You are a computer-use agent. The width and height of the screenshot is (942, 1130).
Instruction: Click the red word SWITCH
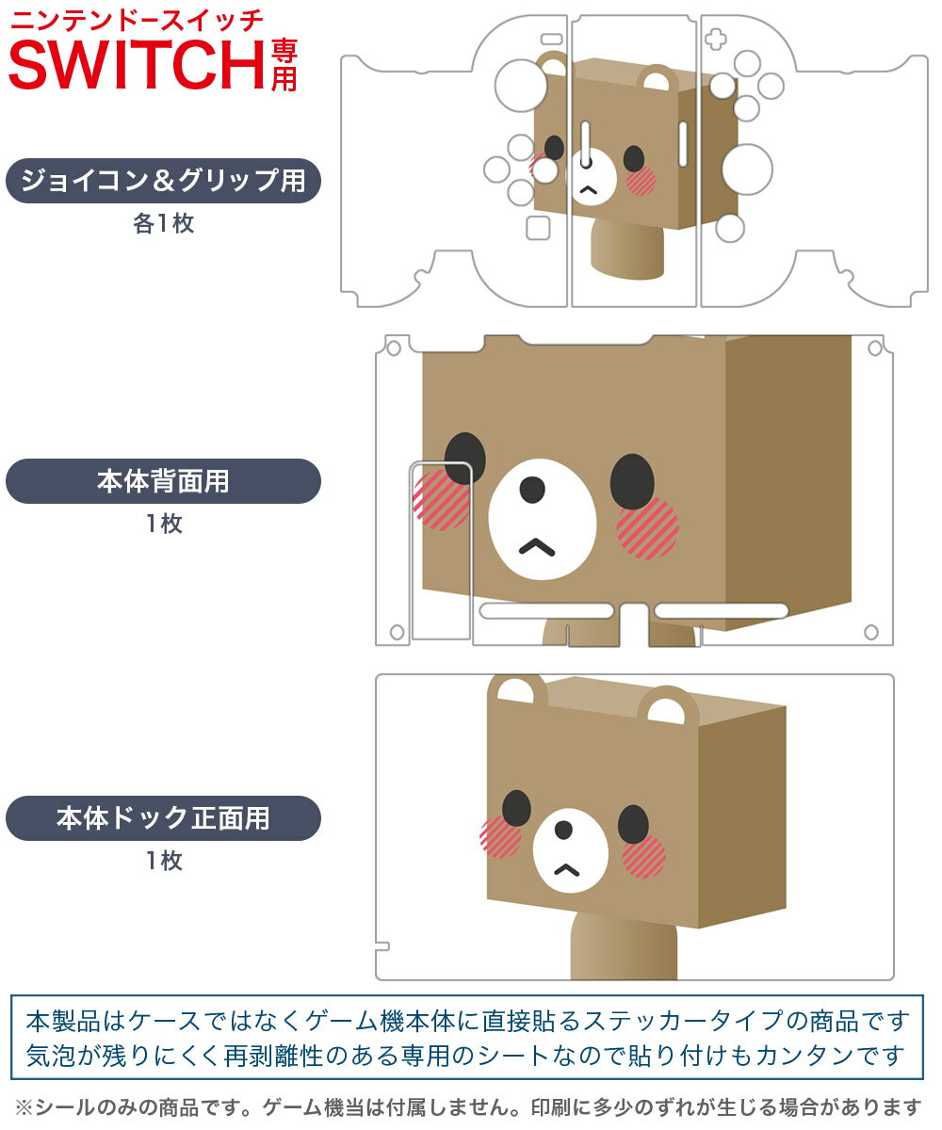(x=138, y=65)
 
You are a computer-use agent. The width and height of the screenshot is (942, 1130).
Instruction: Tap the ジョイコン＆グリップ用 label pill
(x=163, y=181)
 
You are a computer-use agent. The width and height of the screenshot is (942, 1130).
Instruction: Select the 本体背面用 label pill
(x=163, y=481)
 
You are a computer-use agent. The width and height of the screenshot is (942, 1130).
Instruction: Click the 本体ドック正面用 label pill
(x=163, y=817)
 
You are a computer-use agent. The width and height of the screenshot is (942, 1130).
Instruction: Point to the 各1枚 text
(x=164, y=223)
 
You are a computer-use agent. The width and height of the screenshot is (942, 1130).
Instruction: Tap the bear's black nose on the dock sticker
(x=563, y=829)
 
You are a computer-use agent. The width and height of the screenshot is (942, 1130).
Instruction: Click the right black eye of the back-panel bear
(x=632, y=481)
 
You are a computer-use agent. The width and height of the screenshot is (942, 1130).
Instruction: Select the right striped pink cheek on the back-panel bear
(x=647, y=527)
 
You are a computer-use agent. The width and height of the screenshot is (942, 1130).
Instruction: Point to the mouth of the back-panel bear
(x=537, y=546)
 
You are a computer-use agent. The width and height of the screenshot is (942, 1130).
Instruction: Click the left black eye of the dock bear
(x=516, y=808)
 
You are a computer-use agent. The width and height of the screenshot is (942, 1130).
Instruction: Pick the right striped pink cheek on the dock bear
(x=643, y=857)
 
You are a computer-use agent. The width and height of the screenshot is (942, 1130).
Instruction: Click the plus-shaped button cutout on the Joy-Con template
(x=716, y=40)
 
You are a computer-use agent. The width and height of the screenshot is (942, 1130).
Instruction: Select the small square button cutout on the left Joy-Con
(x=538, y=228)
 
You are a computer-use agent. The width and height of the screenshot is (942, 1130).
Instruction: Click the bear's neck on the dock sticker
(x=623, y=945)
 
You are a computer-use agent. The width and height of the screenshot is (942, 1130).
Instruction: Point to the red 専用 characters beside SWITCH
(x=284, y=65)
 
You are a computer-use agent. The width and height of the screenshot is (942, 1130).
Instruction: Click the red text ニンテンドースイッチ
(x=137, y=21)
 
